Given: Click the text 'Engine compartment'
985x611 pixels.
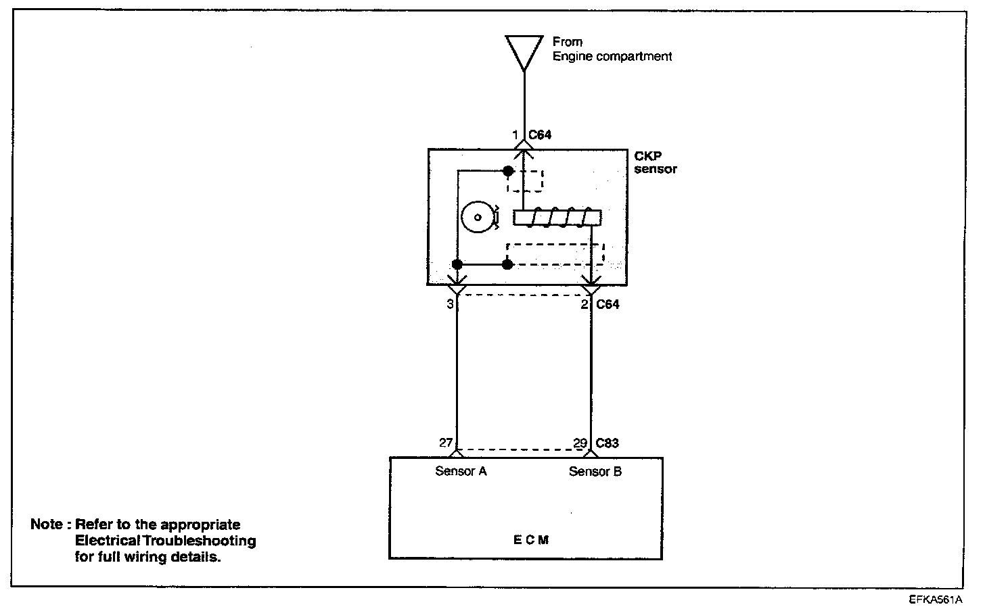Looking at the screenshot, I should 612,57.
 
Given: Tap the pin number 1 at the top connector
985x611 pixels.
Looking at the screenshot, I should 516,135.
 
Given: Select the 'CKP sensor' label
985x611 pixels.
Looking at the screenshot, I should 655,162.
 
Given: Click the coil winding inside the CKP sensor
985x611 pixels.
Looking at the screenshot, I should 557,218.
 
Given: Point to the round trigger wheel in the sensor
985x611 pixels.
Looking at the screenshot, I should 477,217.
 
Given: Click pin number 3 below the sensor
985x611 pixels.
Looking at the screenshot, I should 450,304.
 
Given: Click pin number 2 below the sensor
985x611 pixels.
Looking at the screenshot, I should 585,304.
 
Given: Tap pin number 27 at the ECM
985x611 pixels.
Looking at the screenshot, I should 445,443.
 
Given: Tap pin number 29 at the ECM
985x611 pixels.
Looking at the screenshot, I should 580,443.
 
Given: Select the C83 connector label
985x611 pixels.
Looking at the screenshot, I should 607,443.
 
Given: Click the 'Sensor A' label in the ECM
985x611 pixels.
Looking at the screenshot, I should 461,472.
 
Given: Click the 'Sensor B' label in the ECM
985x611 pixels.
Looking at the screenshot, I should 595,472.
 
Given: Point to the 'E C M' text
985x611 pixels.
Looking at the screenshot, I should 530,540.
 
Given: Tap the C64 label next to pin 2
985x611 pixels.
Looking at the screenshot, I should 608,304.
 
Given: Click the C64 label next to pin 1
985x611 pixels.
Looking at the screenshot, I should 540,135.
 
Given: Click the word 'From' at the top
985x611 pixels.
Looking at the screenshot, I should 567,42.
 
